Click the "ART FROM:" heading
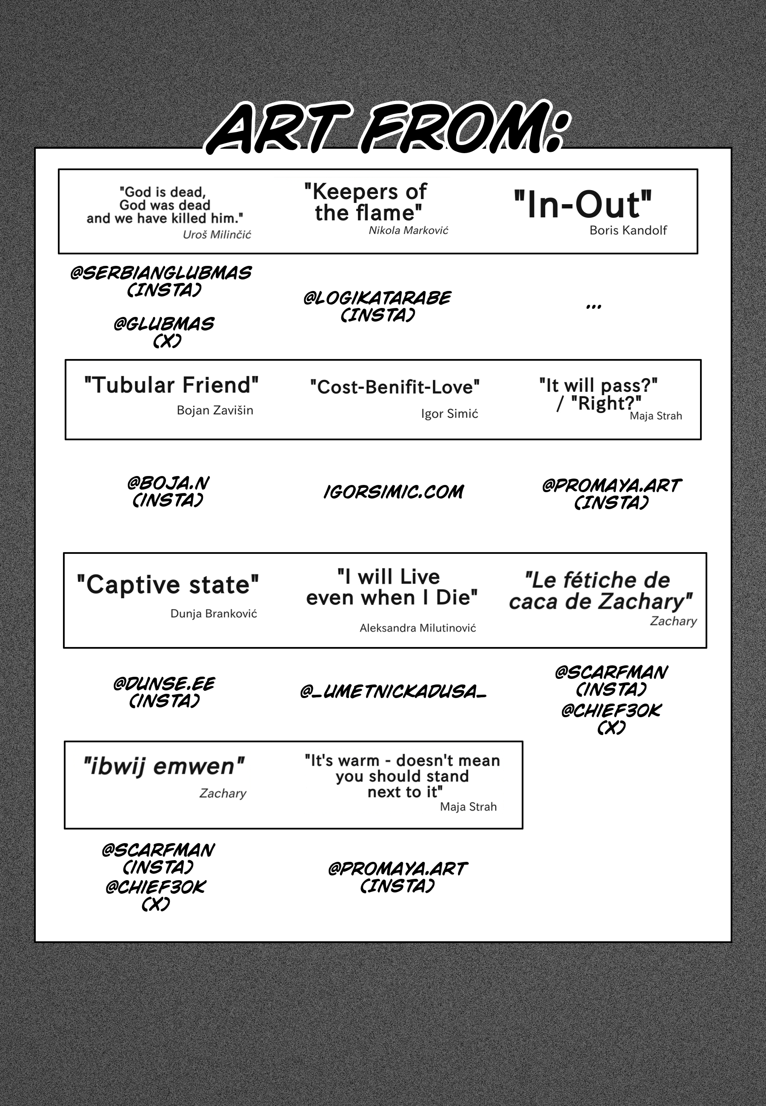coord(386,128)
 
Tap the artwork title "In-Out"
coord(583,205)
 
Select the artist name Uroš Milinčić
coord(217,234)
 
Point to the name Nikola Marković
coord(409,230)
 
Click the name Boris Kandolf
coord(628,230)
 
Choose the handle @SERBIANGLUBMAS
coord(161,274)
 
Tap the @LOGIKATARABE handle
coord(377,298)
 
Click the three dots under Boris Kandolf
coord(594,306)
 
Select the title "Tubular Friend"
coord(171,385)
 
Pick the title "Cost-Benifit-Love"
coord(394,387)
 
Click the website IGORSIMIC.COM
coord(394,492)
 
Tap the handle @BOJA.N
coord(168,483)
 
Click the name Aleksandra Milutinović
coord(417,628)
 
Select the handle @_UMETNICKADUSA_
coord(393,691)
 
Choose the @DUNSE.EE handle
coord(164,684)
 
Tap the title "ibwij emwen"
coord(164,766)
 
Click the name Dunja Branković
coord(214,613)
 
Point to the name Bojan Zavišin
coord(214,410)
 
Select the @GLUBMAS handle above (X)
coord(164,324)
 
